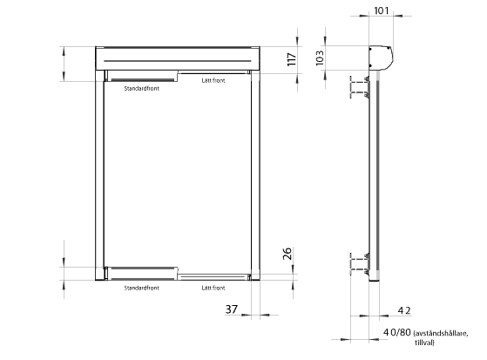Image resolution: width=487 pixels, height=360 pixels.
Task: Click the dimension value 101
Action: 381,10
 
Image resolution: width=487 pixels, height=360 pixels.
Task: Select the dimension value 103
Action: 320,58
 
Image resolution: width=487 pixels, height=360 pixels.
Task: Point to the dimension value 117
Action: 291,59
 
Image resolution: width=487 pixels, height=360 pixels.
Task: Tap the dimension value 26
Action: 287,254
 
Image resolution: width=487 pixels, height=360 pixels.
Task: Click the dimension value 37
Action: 232,309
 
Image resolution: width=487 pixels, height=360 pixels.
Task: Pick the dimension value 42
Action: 404,310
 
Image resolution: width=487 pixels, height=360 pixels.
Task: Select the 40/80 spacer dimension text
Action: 397,332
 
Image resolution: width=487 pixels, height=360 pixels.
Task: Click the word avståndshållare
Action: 441,334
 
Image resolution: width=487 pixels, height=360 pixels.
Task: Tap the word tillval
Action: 424,343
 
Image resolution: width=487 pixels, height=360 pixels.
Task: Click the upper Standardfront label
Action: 142,88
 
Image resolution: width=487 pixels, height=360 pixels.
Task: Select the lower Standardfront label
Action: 142,288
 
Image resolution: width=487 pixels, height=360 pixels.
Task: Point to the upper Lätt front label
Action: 213,80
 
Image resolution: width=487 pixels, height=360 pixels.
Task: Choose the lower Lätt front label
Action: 213,288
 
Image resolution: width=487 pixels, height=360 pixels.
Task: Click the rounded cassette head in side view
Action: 381,58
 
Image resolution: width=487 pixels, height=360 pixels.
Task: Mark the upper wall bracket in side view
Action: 360,87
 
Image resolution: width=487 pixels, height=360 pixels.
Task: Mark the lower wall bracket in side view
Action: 360,263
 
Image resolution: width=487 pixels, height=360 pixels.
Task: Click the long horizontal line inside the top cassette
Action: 178,61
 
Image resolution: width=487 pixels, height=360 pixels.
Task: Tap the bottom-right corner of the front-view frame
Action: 260,281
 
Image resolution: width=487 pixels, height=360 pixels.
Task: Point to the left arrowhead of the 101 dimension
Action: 364,16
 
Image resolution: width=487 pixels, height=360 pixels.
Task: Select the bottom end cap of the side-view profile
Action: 375,280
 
